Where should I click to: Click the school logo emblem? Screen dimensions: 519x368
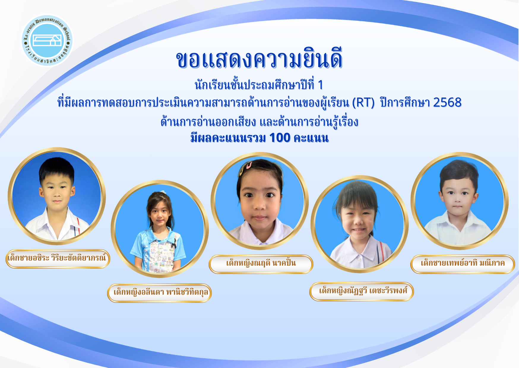coord(47,40)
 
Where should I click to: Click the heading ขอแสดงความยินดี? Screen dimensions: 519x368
coord(259,59)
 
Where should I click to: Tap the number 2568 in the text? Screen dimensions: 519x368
coord(447,102)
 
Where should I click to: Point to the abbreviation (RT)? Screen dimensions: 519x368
coord(363,103)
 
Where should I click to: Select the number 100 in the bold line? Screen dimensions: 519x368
coord(280,138)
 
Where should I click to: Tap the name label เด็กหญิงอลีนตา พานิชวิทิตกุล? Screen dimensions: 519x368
coord(159,293)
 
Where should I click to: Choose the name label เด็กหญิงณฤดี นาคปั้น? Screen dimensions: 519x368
coord(261,264)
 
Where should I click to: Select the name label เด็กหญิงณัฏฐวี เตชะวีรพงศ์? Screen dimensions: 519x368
coord(362,291)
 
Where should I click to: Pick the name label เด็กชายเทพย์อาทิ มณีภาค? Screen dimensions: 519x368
coord(463,264)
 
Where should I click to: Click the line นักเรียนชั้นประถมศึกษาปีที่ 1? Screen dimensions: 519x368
coord(259,85)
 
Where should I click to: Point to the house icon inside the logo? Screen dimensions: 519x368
coord(47,40)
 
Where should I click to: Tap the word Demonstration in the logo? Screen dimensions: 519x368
coord(50,22)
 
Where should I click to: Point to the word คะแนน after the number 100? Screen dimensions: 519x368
coord(311,138)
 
